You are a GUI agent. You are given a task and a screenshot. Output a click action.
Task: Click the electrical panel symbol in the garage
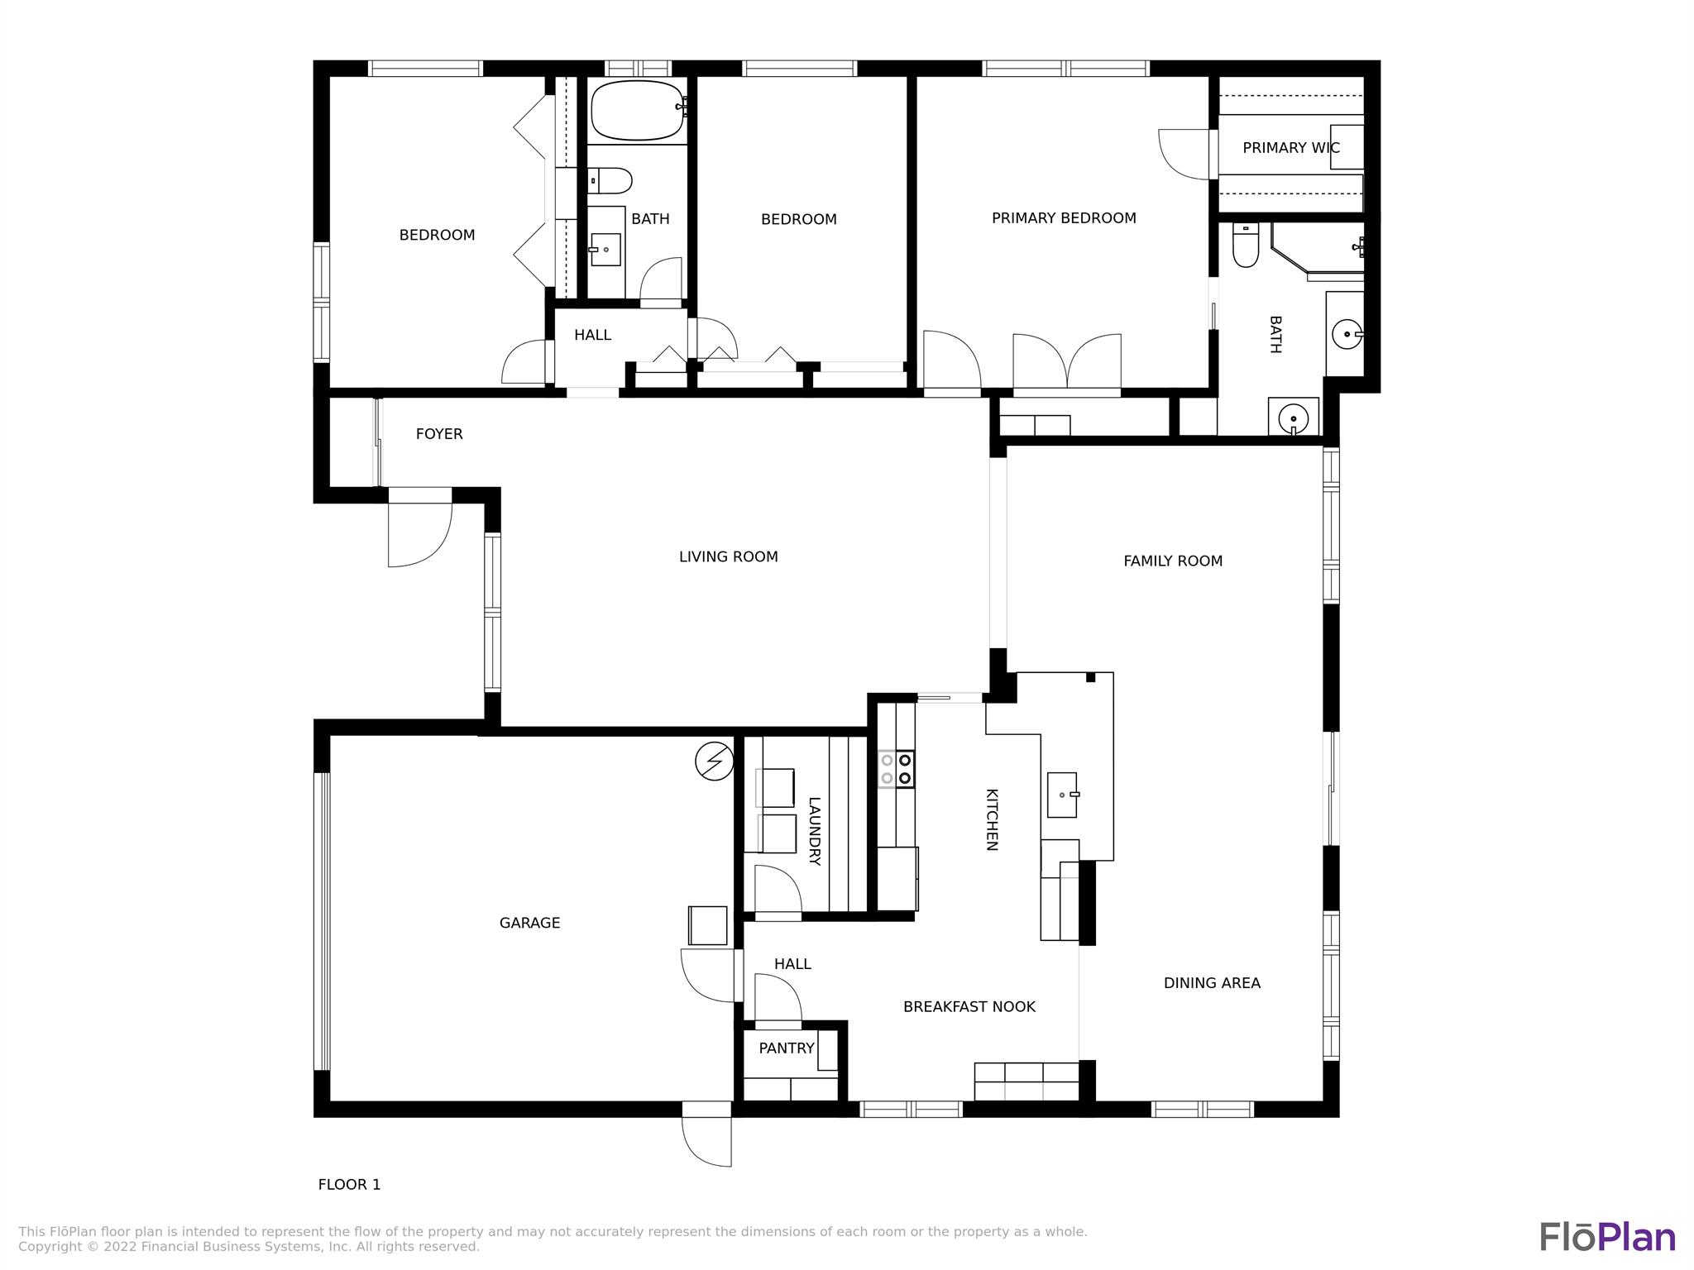pos(714,762)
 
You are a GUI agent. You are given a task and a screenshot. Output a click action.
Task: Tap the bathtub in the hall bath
pos(638,110)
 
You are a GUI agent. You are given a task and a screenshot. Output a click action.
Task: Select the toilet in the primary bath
pos(1245,245)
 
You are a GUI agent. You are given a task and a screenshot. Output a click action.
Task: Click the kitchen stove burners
pos(896,768)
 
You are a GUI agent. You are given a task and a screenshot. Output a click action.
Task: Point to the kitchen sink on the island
pos(1063,795)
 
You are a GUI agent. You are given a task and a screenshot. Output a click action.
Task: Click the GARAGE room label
pos(529,923)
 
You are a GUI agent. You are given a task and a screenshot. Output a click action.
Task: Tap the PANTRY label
pos(787,1048)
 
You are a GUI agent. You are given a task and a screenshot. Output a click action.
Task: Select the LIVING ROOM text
pos(728,557)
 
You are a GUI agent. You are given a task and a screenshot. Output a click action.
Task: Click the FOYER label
pos(439,434)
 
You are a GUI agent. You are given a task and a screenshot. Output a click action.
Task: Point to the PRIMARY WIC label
pos(1291,148)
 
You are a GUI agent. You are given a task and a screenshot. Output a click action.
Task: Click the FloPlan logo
pos(1607,1237)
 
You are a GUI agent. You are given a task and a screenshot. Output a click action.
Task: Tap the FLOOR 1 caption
pos(349,1185)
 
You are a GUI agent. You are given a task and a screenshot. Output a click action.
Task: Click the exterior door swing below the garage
pos(706,1134)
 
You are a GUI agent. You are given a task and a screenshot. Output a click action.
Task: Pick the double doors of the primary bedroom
pos(1067,362)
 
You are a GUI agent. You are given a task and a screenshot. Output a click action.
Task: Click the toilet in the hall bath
pos(610,180)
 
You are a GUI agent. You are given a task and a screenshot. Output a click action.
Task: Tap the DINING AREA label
pos(1212,983)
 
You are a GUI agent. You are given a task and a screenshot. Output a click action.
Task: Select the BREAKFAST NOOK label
pos(969,1007)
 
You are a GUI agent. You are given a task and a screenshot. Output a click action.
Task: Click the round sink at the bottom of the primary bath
pos(1293,418)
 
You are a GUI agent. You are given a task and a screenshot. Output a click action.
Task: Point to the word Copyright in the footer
pos(49,1247)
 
